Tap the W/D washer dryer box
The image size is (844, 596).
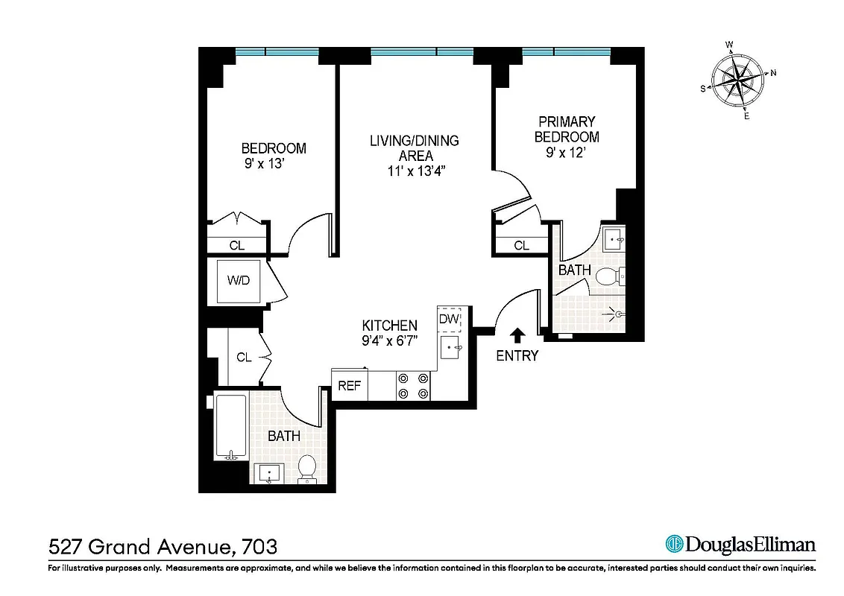pyautogui.click(x=239, y=281)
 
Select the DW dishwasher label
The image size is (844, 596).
pyautogui.click(x=449, y=320)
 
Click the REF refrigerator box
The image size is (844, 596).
pyautogui.click(x=350, y=386)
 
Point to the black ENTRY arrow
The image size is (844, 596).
pyautogui.click(x=517, y=335)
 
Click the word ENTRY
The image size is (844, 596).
pyautogui.click(x=517, y=356)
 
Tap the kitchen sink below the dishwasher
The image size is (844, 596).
pyautogui.click(x=450, y=346)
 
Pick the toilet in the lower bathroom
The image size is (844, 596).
pyautogui.click(x=307, y=469)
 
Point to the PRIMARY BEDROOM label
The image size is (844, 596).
pyautogui.click(x=567, y=129)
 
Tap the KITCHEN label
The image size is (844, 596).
pyautogui.click(x=389, y=326)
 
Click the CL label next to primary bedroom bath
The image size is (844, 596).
pyautogui.click(x=521, y=245)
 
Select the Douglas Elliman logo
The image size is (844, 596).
pyautogui.click(x=740, y=544)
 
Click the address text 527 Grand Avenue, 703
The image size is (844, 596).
pyautogui.click(x=163, y=547)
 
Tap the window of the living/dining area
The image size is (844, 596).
pyautogui.click(x=421, y=52)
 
